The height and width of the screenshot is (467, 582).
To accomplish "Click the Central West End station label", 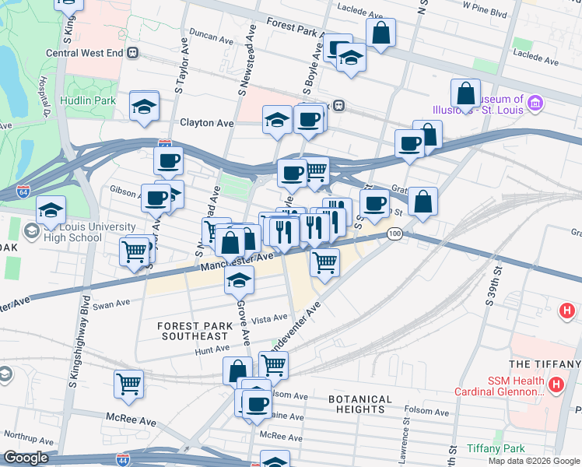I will coord(85,53).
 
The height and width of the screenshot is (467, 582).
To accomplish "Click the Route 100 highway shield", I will coord(394,234).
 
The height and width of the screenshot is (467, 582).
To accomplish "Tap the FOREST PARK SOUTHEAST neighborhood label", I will coord(193,331).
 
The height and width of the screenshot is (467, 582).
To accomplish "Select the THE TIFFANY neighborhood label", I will coord(545,364).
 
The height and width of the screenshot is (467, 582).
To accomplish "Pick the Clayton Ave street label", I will coord(207,123).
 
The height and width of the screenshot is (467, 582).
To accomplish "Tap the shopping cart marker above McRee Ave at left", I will coord(128,383).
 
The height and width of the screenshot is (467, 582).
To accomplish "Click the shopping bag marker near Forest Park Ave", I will coord(381,33).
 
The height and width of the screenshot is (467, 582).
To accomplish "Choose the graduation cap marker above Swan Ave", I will coord(240,281).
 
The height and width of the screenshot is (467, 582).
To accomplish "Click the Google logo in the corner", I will coord(26,458).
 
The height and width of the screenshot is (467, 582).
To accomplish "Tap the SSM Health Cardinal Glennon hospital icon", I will coord(556,384).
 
